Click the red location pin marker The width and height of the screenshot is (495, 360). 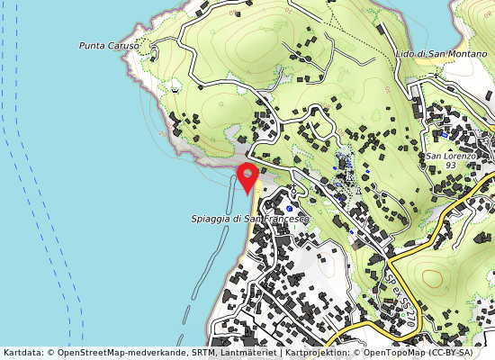coord(247,175)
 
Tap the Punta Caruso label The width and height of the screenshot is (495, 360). coord(109,45)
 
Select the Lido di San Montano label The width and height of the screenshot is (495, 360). coord(441,54)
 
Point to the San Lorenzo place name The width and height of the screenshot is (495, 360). coord(450,156)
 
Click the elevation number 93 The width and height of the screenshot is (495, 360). coord(450,166)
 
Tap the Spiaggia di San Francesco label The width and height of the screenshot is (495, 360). coord(249,219)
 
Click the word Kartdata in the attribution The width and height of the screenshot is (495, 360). coord(22,353)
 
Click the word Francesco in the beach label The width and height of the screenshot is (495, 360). coord(286,219)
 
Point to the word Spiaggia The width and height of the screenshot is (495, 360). coord(211,219)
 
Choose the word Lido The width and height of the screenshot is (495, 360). coord(406,54)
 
